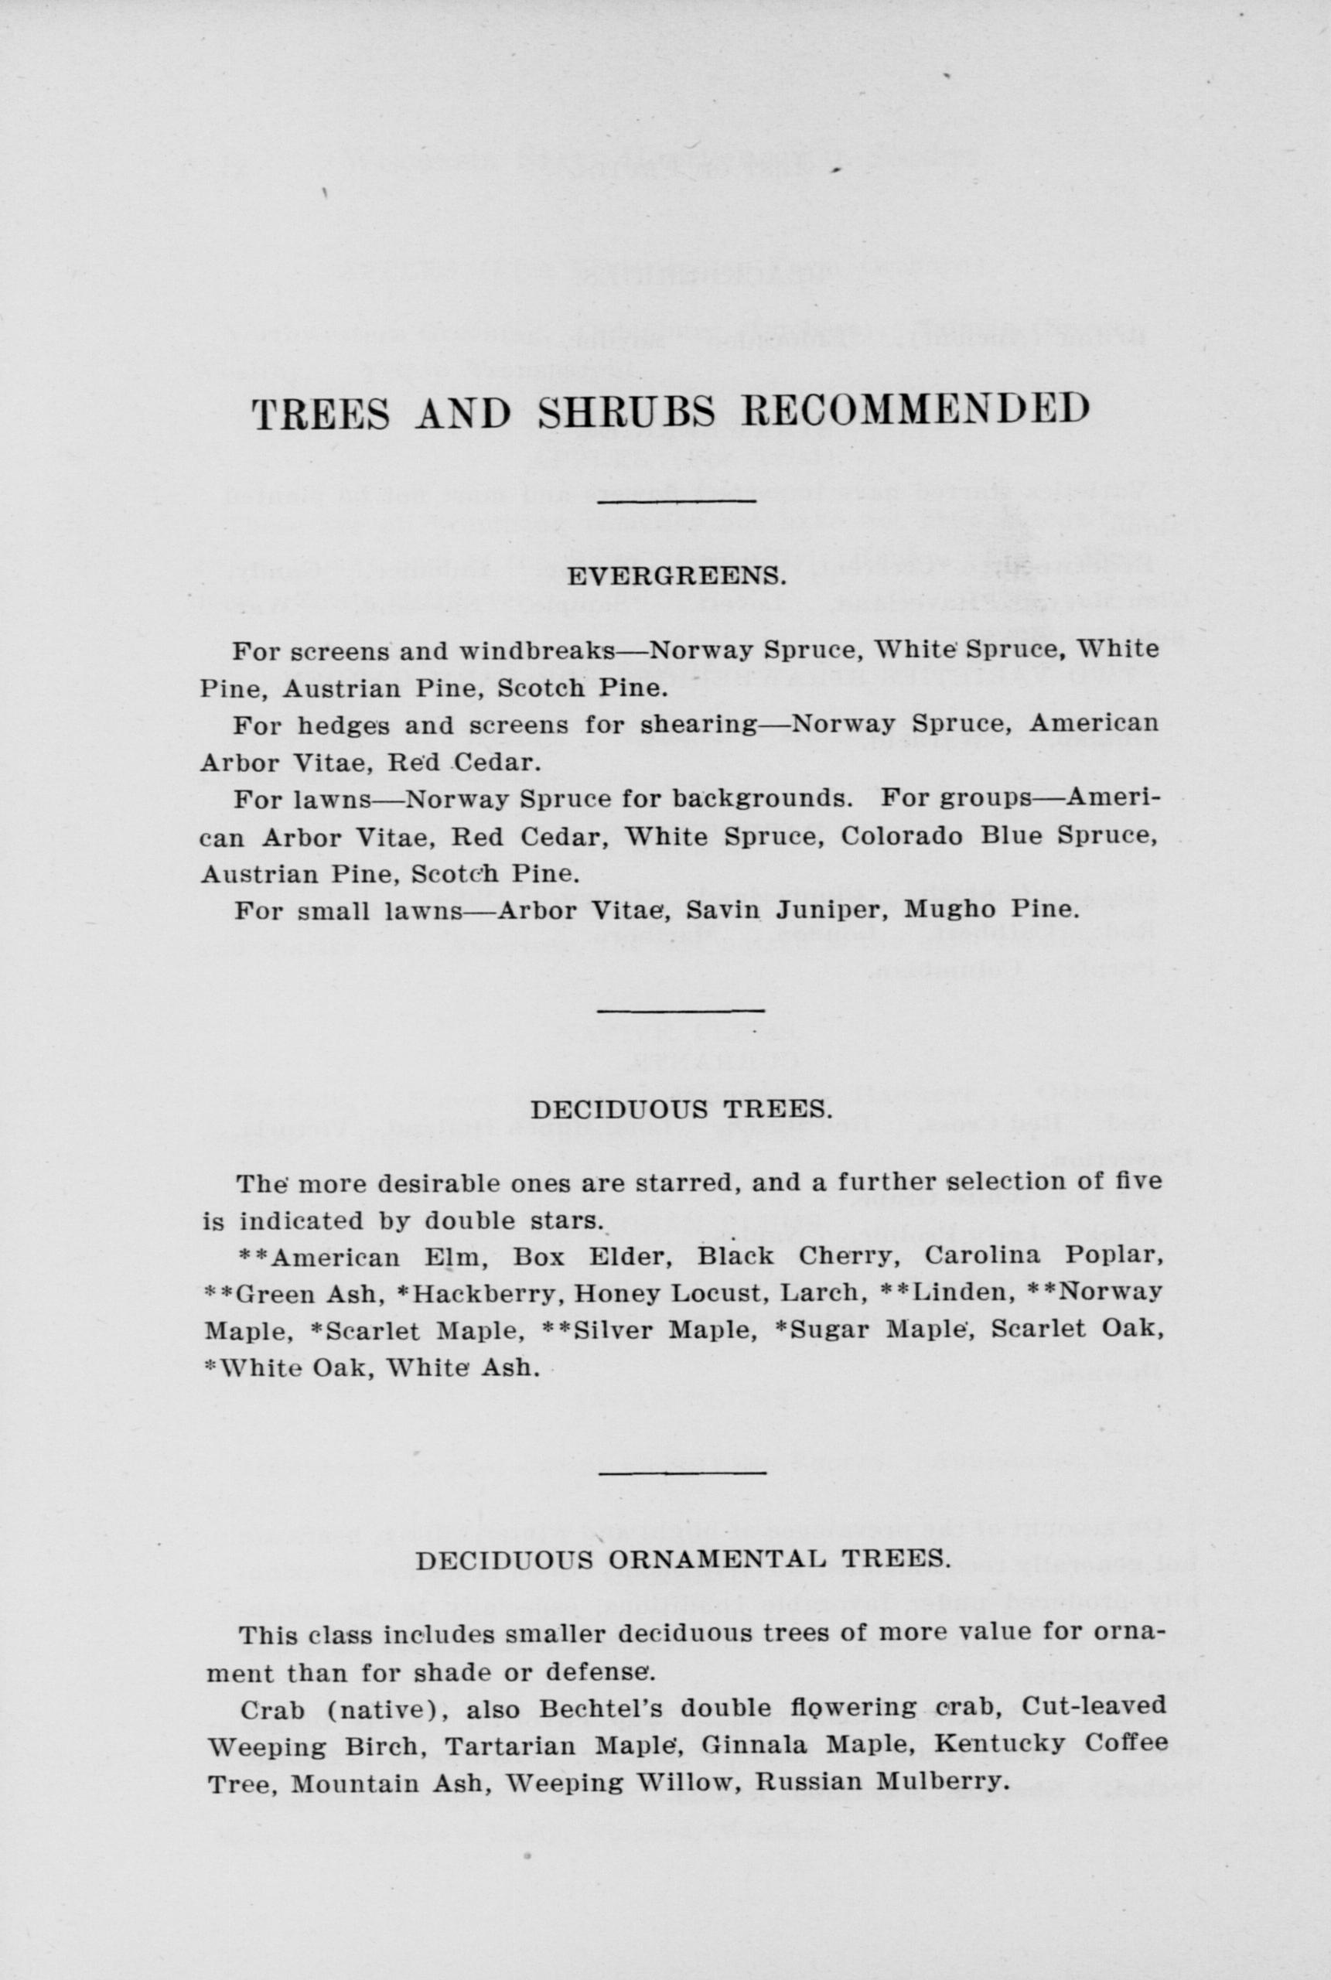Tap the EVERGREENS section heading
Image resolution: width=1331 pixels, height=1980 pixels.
point(677,577)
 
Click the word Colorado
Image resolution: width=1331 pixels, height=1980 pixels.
point(902,837)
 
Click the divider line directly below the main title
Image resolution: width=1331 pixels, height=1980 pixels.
point(677,503)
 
